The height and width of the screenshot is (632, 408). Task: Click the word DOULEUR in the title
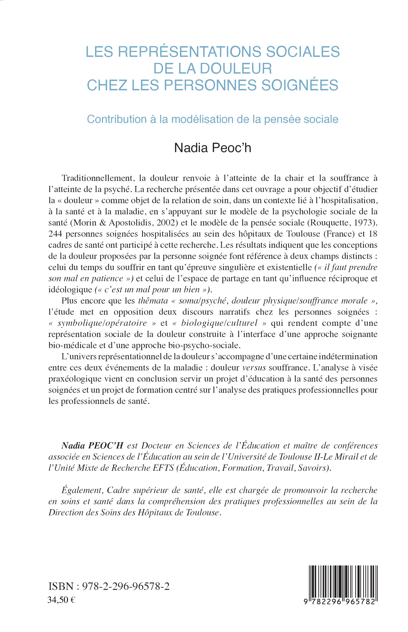point(239,68)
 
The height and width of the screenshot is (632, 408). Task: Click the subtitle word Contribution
point(117,119)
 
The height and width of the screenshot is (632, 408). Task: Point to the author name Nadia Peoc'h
point(213,148)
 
